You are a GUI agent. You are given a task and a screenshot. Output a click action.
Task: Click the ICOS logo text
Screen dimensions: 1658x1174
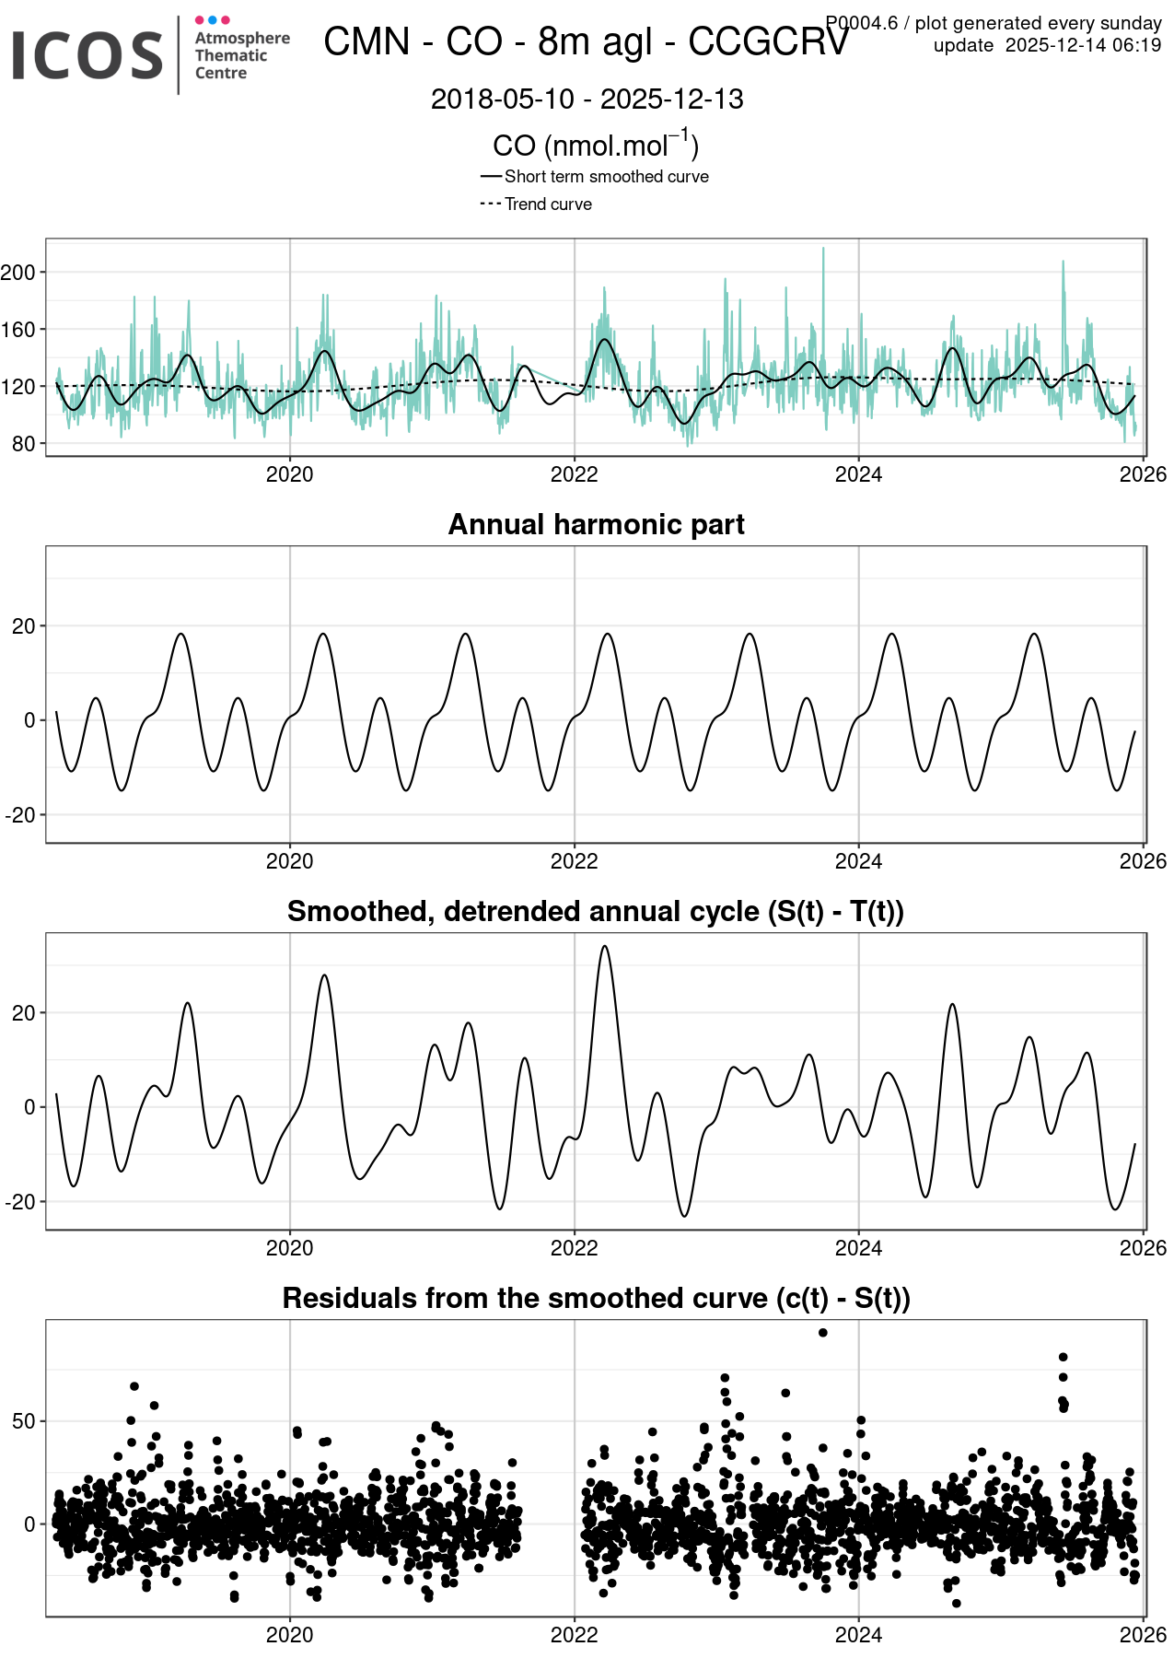[x=87, y=55]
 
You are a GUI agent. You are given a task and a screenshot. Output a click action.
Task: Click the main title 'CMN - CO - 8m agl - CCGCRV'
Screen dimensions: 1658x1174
[x=586, y=42]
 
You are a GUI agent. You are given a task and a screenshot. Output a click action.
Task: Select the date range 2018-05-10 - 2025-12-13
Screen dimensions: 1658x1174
[x=587, y=99]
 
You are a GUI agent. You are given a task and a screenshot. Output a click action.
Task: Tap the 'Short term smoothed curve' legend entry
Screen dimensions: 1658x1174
[x=606, y=177]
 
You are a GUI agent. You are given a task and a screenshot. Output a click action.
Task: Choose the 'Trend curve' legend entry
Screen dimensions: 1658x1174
[x=548, y=204]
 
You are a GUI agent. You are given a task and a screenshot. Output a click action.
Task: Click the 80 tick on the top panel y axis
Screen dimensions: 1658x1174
[x=24, y=444]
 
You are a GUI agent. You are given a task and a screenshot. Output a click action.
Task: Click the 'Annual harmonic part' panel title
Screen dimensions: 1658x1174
[x=596, y=524]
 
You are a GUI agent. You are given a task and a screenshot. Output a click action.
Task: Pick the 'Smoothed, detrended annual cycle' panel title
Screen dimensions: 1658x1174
[x=595, y=911]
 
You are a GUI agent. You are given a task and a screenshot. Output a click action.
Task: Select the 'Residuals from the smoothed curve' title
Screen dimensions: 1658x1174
[x=596, y=1298]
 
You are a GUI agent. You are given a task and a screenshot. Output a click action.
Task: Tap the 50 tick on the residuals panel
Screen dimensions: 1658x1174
[x=24, y=1421]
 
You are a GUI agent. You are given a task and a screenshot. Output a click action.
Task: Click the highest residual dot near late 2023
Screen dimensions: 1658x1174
[x=822, y=1333]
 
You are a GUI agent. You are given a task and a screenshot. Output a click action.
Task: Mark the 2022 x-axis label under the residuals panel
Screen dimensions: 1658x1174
[x=574, y=1635]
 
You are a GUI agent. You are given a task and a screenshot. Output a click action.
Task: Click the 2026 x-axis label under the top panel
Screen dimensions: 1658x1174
[x=1142, y=474]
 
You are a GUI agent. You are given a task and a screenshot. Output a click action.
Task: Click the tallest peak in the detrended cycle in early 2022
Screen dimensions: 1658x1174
[x=604, y=947]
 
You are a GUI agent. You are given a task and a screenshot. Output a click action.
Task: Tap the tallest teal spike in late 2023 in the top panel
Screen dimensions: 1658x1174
[x=823, y=249]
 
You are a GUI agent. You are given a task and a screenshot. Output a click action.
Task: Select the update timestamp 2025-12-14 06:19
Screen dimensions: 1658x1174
[x=1083, y=46]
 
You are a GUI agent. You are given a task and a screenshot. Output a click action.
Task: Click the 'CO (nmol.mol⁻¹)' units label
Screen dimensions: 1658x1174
[x=596, y=146]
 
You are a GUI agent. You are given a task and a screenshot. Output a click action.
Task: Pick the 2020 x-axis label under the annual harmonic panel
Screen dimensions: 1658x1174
[x=289, y=861]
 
